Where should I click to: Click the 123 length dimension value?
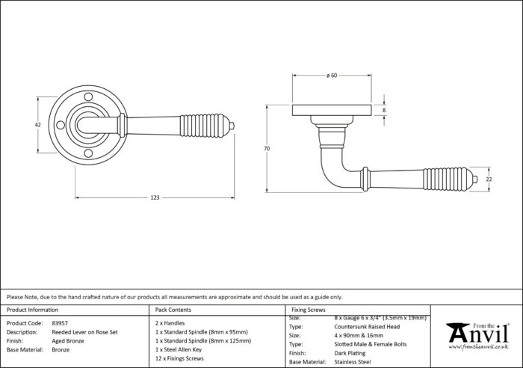click(x=155, y=197)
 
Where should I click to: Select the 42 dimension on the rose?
click(x=38, y=125)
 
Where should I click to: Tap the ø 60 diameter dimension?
click(x=332, y=76)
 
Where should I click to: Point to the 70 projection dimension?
click(x=267, y=149)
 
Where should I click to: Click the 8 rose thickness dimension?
click(x=384, y=110)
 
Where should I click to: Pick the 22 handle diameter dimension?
click(x=489, y=180)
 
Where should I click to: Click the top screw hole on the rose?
click(x=88, y=97)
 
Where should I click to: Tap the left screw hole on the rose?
click(x=61, y=125)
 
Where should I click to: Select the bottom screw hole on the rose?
click(x=88, y=153)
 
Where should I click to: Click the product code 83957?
click(x=60, y=323)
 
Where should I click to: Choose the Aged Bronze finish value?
click(x=68, y=341)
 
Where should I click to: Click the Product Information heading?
click(x=32, y=310)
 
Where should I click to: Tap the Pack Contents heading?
click(x=173, y=310)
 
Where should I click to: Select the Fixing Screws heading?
click(x=309, y=310)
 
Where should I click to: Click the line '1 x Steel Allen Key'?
click(x=179, y=349)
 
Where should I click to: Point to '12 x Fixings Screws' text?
click(x=179, y=358)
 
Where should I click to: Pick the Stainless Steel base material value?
click(x=353, y=362)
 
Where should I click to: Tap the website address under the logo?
click(x=479, y=347)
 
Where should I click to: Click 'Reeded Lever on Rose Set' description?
click(x=84, y=332)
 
